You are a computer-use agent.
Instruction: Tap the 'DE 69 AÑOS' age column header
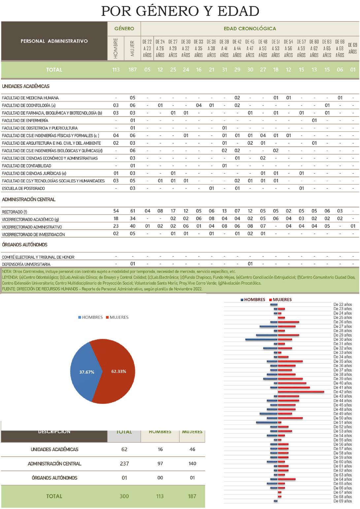tap(352, 48)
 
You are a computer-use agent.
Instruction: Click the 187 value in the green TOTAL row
tap(133, 70)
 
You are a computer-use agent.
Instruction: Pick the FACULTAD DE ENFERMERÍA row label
tap(25, 120)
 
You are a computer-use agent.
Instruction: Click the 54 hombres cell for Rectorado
tap(116, 211)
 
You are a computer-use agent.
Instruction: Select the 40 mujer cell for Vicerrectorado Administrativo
tap(133, 226)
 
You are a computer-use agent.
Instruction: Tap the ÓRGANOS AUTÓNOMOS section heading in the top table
tap(25, 245)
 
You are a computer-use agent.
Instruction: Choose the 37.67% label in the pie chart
tap(87, 372)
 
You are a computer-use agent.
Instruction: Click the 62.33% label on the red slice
tap(119, 371)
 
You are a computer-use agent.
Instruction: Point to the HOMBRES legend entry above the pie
tap(90, 317)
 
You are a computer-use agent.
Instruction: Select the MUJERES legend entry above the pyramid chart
tap(282, 300)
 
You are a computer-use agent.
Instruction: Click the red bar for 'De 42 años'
tap(301, 392)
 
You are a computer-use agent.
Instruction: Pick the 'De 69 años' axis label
tap(343, 501)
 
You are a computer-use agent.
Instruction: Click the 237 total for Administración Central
tap(124, 463)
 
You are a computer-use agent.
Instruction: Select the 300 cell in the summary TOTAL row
tap(124, 496)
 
